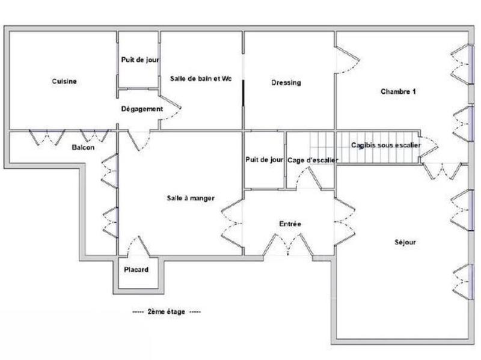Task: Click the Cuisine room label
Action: (64, 82)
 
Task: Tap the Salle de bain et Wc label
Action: (200, 79)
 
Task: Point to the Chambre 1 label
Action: (399, 92)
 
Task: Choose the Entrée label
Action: (290, 224)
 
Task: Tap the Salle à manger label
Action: (191, 198)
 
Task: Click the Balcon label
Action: (83, 147)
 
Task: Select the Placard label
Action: (136, 270)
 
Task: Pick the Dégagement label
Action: (142, 109)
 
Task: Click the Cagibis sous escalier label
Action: (386, 145)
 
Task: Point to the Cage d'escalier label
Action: (313, 160)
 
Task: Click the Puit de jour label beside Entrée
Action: (264, 160)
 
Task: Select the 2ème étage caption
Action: (167, 312)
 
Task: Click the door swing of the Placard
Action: (136, 246)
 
